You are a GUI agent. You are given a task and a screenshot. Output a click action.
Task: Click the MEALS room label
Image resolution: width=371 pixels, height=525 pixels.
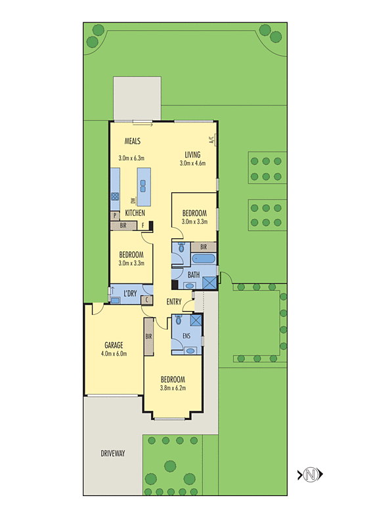(129, 141)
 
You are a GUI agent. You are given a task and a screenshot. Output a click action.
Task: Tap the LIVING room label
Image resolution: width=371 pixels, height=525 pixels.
(192, 155)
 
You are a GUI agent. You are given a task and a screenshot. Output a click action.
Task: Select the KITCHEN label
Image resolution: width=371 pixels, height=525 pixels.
(135, 213)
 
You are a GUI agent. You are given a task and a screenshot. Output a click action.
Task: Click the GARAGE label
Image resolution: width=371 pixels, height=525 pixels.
(114, 345)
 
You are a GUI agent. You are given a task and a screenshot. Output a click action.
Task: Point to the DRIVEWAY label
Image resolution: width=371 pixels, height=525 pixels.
(113, 453)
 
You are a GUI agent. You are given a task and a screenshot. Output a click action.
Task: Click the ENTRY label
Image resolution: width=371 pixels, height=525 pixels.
(174, 302)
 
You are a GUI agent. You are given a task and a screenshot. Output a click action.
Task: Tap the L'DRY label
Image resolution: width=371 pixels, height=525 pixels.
(129, 293)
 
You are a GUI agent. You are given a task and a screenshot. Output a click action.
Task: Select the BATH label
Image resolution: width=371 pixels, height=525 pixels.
(194, 275)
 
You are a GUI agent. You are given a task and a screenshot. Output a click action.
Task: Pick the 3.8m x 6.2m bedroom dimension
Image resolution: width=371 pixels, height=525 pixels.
(173, 388)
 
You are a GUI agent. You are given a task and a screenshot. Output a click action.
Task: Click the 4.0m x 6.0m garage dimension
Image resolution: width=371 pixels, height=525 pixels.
(114, 354)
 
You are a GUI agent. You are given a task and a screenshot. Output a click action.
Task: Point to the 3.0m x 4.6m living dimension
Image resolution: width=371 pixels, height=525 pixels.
(192, 163)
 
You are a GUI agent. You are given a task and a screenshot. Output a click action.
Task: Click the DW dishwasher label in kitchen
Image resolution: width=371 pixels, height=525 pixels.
(133, 201)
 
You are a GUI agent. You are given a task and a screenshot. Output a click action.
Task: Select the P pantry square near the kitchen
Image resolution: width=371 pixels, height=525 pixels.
(115, 215)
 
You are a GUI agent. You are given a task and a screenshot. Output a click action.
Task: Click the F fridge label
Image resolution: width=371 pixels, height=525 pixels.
(144, 226)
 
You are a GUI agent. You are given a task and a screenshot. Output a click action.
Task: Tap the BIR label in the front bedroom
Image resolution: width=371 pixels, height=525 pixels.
(148, 337)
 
